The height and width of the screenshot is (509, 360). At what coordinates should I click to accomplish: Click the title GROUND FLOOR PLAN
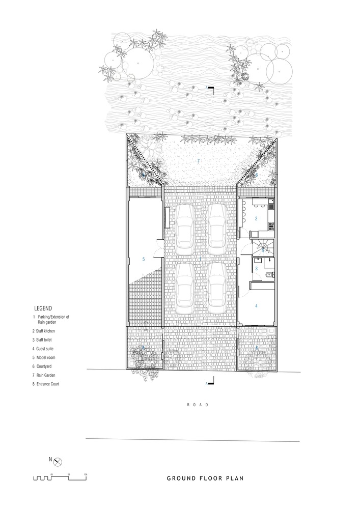pyautogui.click(x=205, y=478)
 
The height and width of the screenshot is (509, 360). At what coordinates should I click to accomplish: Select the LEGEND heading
pyautogui.click(x=43, y=308)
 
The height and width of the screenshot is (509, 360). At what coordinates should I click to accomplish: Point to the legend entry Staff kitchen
pyautogui.click(x=48, y=331)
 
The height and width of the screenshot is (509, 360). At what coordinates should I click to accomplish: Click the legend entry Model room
pyautogui.click(x=47, y=357)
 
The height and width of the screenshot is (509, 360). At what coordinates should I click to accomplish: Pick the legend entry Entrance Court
pyautogui.click(x=48, y=384)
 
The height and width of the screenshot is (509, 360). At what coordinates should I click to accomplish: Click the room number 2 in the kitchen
pyautogui.click(x=256, y=218)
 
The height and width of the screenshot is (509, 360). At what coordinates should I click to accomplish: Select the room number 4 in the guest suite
pyautogui.click(x=256, y=306)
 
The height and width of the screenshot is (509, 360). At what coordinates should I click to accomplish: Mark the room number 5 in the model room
pyautogui.click(x=144, y=259)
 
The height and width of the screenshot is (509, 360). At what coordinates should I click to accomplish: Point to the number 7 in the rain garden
pyautogui.click(x=198, y=161)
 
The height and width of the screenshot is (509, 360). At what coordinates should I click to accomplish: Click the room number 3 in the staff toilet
pyautogui.click(x=256, y=268)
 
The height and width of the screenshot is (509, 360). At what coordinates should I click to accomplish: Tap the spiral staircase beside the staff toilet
pyautogui.click(x=263, y=248)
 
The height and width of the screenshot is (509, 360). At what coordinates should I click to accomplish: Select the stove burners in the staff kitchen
pyautogui.click(x=272, y=223)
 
